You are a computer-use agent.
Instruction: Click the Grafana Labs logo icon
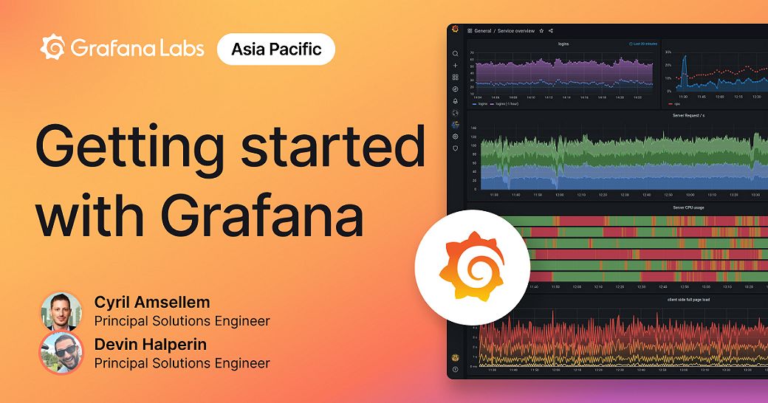pos(53,49)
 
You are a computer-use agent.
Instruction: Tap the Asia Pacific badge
pos(276,49)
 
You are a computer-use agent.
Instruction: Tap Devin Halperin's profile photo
pos(61,352)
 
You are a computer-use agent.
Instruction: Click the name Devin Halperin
pos(151,344)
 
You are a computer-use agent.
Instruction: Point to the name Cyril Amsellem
pos(152,302)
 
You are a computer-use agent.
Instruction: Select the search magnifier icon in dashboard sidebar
pos(456,54)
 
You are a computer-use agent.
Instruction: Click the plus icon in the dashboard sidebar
pos(456,66)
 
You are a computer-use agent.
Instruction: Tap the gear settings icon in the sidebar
pos(456,137)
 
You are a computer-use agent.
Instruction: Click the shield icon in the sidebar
pos(456,148)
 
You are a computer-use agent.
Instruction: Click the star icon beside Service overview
pos(541,31)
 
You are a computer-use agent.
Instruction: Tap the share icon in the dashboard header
pos(551,31)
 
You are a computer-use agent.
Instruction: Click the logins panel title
pos(563,44)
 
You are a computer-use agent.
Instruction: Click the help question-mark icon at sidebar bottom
pos(456,369)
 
